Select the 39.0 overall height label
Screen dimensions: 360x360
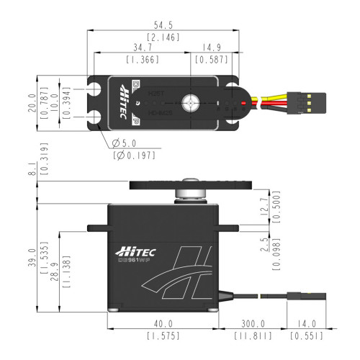30,256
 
